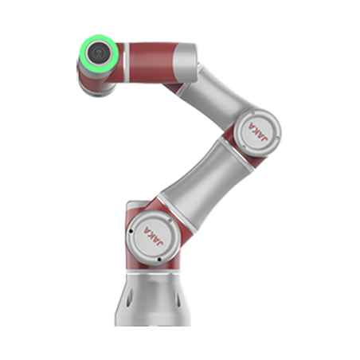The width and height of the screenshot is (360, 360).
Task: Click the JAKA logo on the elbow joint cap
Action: click(257, 132)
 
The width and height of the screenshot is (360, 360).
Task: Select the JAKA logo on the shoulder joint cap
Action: click(153, 237)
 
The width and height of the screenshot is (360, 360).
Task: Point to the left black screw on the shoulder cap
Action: click(131, 231)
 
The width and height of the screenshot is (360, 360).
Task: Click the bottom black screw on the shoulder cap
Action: click(159, 260)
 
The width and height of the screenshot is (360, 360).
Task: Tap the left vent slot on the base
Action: click(129, 299)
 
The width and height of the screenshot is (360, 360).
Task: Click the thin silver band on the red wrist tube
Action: click(127, 62)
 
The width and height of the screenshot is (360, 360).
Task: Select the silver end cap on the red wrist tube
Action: click(186, 63)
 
